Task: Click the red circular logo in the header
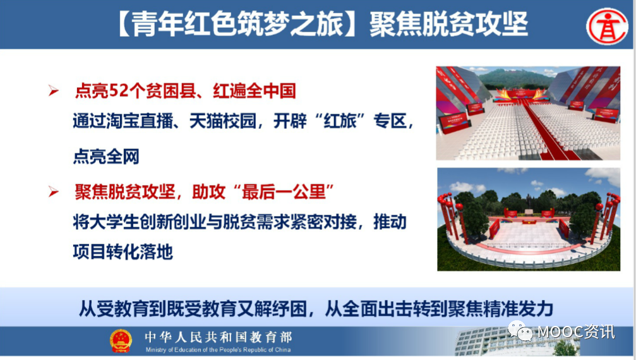[x=607, y=27]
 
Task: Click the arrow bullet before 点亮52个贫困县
[x=53, y=90]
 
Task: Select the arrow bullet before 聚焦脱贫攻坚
[x=53, y=191]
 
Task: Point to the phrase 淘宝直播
[x=140, y=121]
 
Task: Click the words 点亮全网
[x=106, y=157]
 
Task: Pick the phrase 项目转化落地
[x=123, y=252]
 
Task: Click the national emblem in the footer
[x=121, y=341]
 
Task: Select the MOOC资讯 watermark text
[x=576, y=332]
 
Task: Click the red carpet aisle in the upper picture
[x=546, y=129]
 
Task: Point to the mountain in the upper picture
[x=515, y=78]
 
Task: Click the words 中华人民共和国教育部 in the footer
[x=219, y=337]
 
